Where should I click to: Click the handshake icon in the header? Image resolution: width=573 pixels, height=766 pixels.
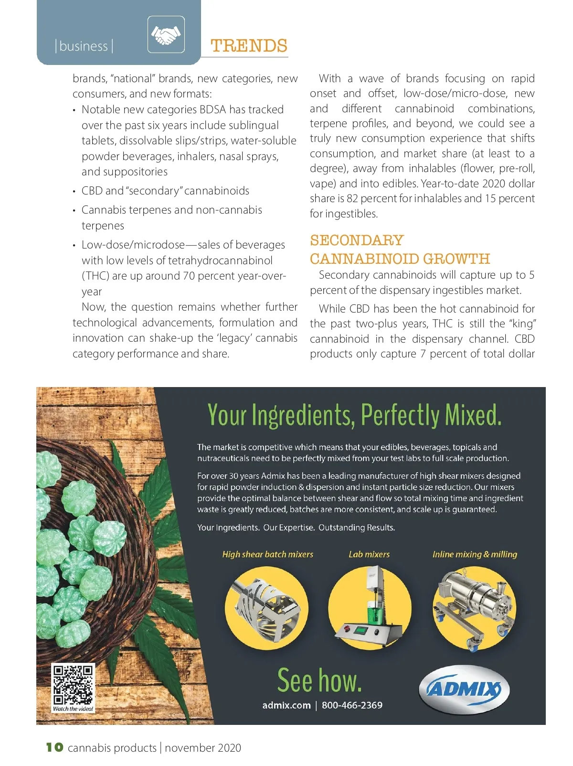point(166,34)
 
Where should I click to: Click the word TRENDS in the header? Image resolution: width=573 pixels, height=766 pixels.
point(249,46)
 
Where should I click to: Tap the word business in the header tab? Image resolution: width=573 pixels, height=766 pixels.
point(84,46)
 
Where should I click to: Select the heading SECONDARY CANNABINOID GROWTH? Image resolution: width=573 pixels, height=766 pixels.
point(400,249)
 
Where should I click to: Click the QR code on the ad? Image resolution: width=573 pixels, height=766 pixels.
point(73,684)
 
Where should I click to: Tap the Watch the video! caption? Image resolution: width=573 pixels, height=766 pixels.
point(73,709)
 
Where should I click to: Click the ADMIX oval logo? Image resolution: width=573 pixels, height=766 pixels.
point(464,689)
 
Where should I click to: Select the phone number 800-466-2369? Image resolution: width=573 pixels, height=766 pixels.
point(352,705)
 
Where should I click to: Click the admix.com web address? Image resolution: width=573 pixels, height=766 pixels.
point(286,705)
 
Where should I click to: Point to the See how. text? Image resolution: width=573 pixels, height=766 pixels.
point(319,680)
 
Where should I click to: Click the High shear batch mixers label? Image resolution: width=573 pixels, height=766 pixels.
point(267,554)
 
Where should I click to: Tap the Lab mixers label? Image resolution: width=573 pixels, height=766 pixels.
point(369,554)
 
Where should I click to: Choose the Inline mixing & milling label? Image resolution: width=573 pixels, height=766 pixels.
point(475,554)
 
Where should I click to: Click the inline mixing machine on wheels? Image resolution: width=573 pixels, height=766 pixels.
point(475,608)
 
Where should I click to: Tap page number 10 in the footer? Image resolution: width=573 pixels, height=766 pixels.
point(54,747)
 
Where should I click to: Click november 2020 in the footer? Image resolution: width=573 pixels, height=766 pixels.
point(203,748)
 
